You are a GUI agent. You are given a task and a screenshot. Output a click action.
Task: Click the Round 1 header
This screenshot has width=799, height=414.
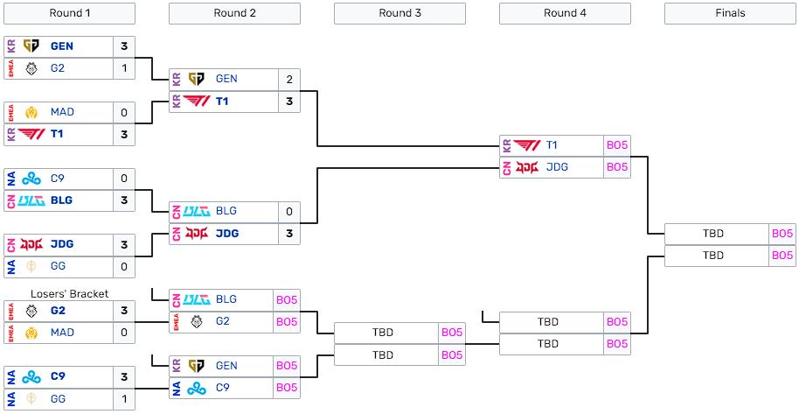coord(70,13)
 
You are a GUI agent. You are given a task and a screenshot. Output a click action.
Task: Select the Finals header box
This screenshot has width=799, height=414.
coord(730,13)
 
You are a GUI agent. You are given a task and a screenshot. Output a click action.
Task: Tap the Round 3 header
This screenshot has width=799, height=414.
coord(399,13)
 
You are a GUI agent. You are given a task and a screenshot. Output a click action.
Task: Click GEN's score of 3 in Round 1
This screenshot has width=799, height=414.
coord(124,46)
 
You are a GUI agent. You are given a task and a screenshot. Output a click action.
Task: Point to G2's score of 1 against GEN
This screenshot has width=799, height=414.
coord(124,69)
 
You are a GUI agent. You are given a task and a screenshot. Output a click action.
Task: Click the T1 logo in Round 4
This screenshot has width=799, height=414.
coord(527,145)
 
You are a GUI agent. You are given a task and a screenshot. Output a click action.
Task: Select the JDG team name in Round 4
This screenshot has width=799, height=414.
coord(558,167)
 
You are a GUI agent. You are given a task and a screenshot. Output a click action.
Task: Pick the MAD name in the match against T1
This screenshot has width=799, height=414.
coord(62,113)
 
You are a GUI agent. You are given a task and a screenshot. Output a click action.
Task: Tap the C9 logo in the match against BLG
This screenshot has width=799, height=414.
coord(31,179)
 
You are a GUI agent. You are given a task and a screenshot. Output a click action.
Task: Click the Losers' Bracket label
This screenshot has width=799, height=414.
coord(70,294)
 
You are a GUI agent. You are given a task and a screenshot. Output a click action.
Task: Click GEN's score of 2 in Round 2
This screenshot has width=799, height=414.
coord(288,79)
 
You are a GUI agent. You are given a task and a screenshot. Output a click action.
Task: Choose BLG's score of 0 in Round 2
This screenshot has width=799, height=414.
coord(288,212)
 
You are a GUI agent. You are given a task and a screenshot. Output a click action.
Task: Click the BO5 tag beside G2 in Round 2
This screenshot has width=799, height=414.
coord(287,322)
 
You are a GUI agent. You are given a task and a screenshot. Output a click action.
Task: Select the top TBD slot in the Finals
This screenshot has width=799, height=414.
coord(713,234)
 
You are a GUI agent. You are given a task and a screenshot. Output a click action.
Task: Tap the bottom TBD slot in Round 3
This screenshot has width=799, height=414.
coord(383,355)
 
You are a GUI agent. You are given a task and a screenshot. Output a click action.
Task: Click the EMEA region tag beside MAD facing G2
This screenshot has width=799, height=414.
coord(10,333)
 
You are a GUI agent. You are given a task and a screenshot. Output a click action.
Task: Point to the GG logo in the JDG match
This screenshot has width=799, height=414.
coord(31,267)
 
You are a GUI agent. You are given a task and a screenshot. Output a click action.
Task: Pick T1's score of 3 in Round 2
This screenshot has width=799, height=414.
coord(288,102)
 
